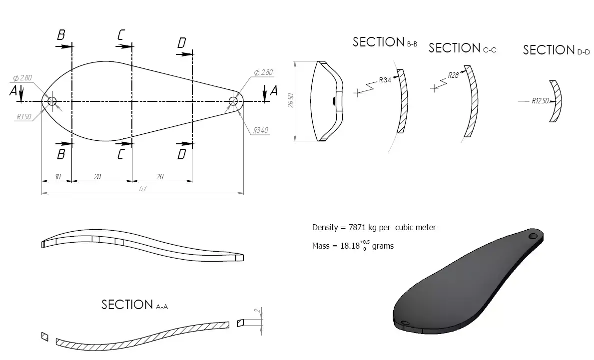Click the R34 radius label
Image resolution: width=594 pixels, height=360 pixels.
click(385, 80)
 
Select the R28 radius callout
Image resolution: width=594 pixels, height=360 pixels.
click(453, 75)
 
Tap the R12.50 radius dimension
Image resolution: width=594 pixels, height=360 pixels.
click(540, 101)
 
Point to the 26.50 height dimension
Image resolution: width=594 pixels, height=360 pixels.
click(290, 101)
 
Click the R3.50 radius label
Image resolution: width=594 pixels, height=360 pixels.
click(23, 117)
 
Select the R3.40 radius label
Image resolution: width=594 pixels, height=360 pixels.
click(261, 130)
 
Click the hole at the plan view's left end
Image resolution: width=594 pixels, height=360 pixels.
click(52, 101)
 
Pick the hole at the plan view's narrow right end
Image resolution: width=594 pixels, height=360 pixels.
click(233, 101)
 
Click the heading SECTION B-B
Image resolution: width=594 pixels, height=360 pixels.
click(385, 42)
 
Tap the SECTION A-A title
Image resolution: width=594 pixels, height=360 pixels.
click(134, 305)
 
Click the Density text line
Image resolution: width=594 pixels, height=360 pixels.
click(374, 228)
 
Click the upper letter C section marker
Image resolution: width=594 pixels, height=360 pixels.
click(121, 35)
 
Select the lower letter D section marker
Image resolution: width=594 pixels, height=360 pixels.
click(181, 154)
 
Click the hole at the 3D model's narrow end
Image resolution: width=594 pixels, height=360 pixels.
click(533, 236)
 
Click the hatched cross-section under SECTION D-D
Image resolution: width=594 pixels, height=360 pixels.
click(556, 101)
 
